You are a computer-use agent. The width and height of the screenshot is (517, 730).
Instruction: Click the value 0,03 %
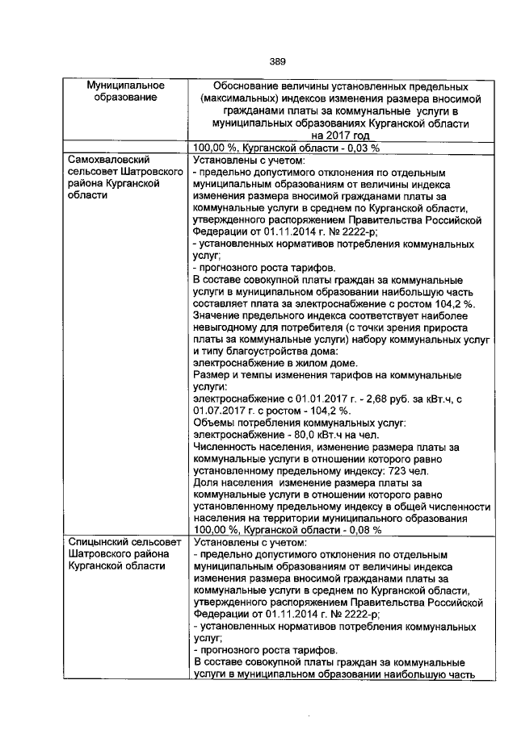pos(352,148)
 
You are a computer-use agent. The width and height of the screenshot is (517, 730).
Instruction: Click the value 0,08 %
pos(352,530)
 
